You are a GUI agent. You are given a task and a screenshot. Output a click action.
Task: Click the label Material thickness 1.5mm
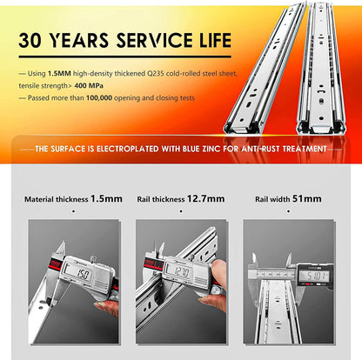[72, 198]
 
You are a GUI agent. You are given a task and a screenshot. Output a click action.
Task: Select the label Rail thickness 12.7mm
[181, 198]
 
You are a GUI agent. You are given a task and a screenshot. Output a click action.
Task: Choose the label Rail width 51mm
[287, 198]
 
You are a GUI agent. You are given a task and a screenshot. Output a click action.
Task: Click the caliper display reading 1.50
[83, 275]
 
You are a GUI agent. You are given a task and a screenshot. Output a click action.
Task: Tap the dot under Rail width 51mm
[286, 210]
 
